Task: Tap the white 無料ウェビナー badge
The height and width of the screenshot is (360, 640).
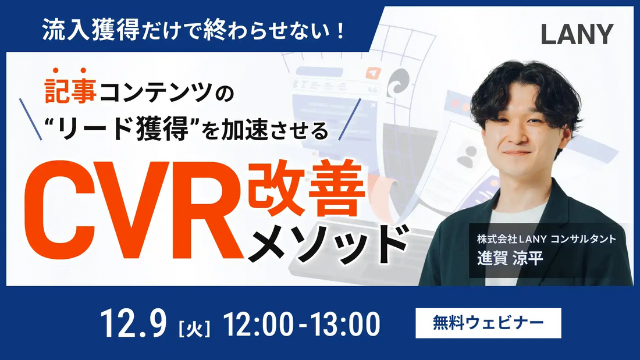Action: pos(488,322)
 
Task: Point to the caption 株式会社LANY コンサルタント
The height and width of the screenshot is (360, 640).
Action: pos(546,238)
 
